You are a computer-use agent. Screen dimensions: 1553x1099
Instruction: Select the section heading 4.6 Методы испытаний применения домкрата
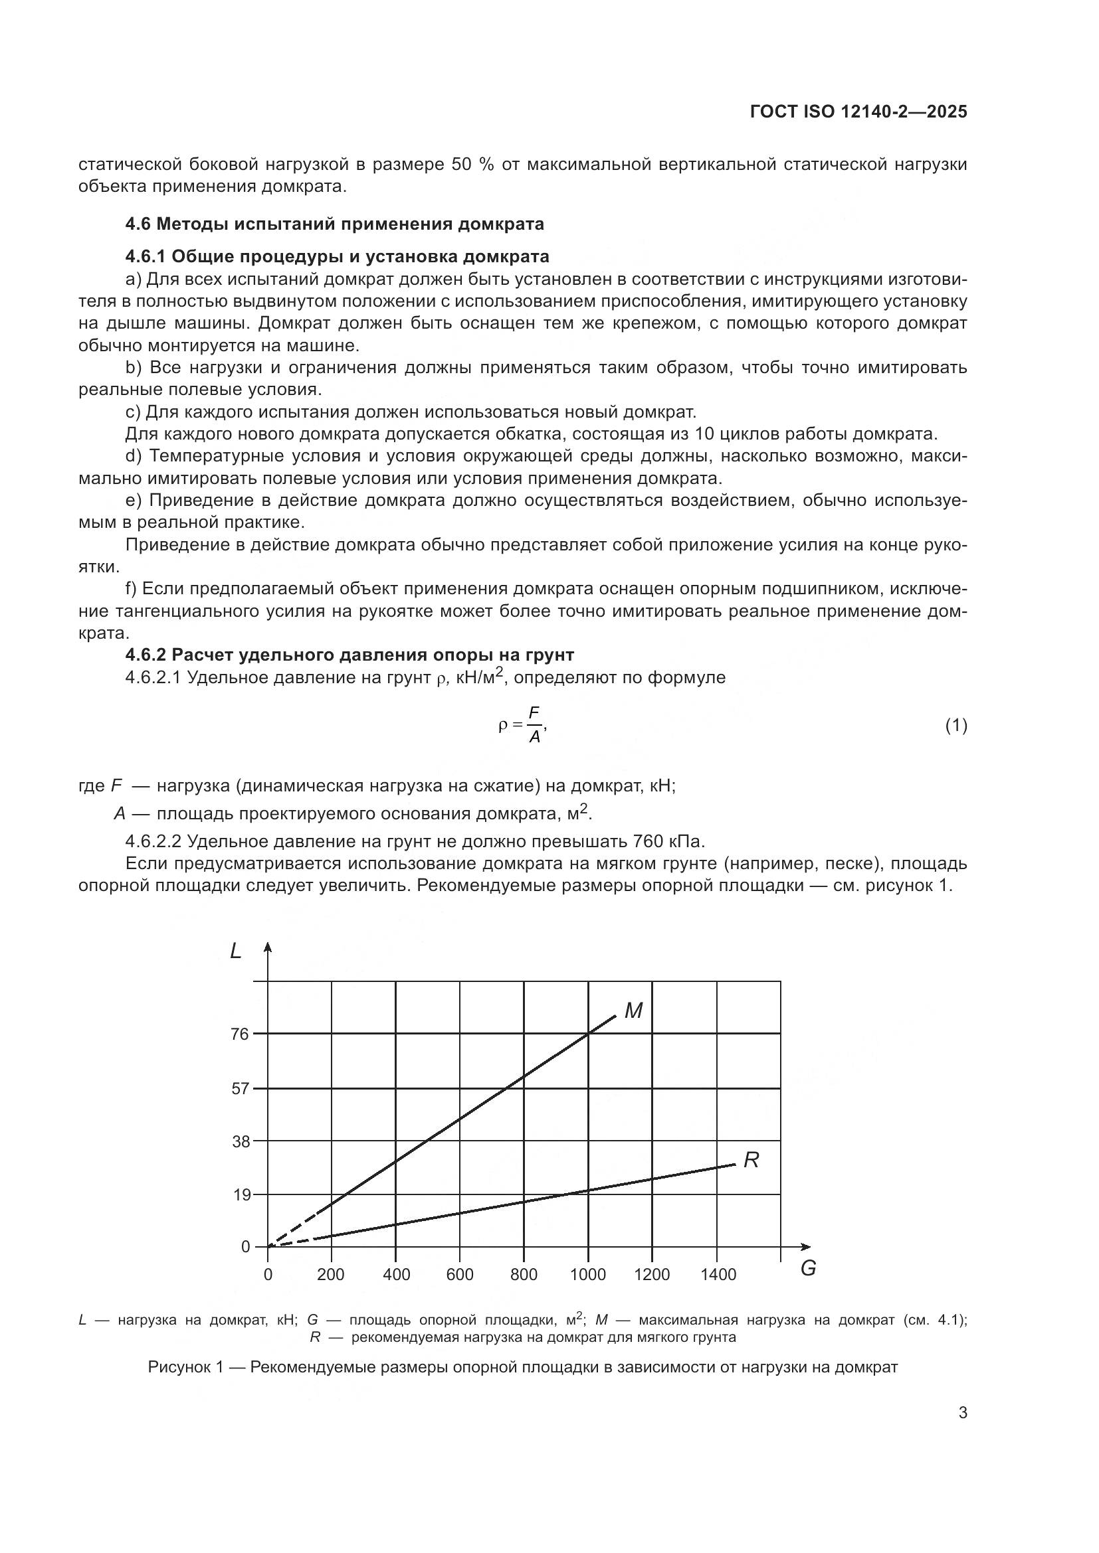pyautogui.click(x=334, y=224)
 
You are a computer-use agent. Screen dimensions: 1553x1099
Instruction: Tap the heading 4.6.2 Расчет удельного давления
pyautogui.click(x=350, y=655)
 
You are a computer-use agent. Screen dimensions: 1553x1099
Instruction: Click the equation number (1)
pyautogui.click(x=955, y=726)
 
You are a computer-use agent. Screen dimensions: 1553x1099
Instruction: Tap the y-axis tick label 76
pyautogui.click(x=241, y=1034)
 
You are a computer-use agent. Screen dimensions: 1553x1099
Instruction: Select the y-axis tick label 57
pyautogui.click(x=241, y=1089)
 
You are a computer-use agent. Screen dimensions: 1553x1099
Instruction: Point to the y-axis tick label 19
pyautogui.click(x=241, y=1195)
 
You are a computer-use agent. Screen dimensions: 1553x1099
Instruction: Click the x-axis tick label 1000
pyautogui.click(x=587, y=1275)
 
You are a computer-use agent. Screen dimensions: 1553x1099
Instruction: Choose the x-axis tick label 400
pyautogui.click(x=396, y=1275)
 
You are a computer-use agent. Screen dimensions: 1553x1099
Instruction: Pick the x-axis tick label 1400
pyautogui.click(x=718, y=1275)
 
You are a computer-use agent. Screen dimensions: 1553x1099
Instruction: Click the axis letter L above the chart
pyautogui.click(x=235, y=951)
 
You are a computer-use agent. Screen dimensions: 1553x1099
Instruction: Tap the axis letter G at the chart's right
pyautogui.click(x=808, y=1269)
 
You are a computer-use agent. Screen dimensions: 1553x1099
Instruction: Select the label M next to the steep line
pyautogui.click(x=633, y=1011)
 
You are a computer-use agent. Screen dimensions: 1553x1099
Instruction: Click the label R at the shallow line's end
pyautogui.click(x=751, y=1161)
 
